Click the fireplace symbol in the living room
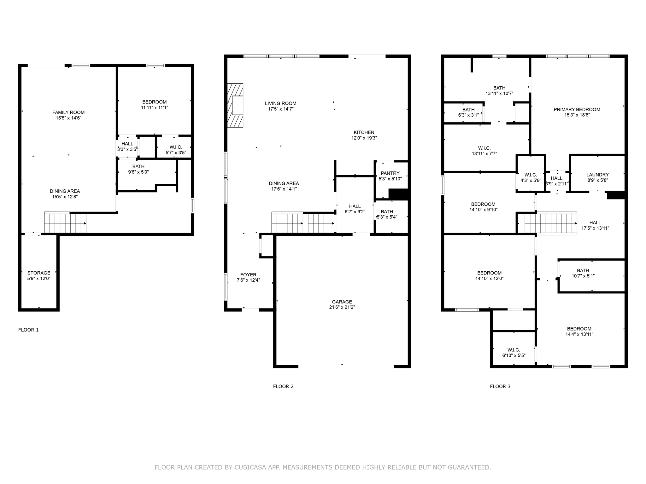pos(235,105)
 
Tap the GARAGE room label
pos(342,302)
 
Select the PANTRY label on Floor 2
pos(390,173)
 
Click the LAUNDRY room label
pos(597,175)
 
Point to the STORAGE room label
pos(39,273)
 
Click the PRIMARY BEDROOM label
pos(577,109)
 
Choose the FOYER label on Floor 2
pos(248,274)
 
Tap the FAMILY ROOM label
pos(68,112)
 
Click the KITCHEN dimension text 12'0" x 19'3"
pos(364,138)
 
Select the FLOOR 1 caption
pos(28,330)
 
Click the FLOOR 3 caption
pos(500,386)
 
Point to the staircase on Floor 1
pos(65,223)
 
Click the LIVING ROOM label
pos(280,103)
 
